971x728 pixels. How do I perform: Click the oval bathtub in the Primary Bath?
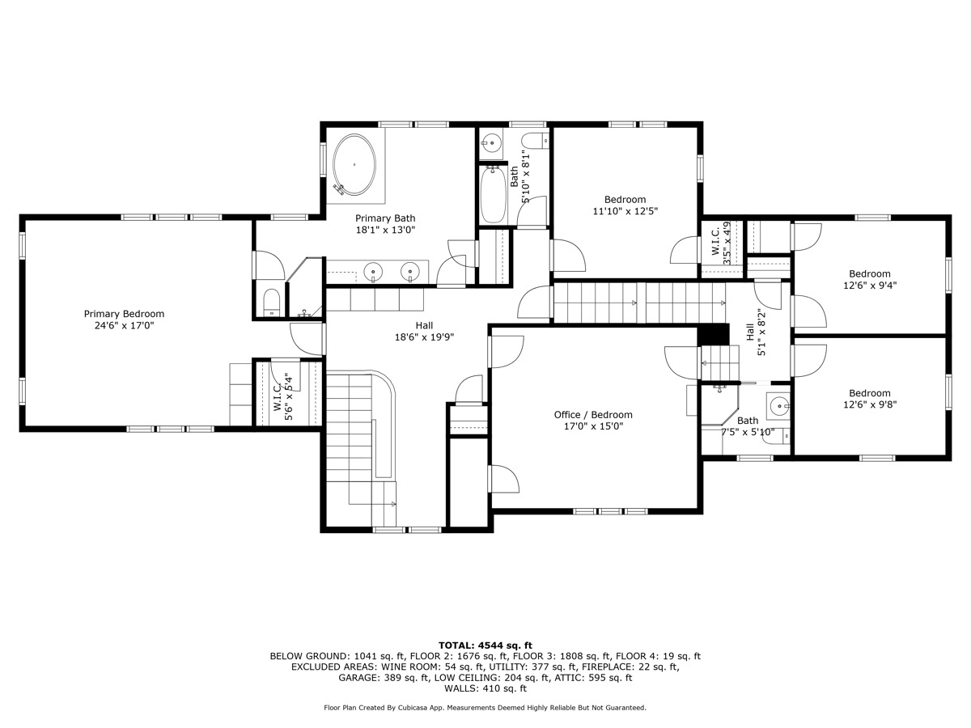click(354, 164)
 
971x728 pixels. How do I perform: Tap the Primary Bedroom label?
click(124, 314)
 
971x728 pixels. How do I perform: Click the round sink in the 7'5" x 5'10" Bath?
click(778, 405)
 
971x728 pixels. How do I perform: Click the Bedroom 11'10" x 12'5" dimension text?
click(625, 212)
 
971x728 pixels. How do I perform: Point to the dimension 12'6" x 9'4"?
click(869, 286)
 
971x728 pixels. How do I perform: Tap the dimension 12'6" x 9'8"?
click(869, 405)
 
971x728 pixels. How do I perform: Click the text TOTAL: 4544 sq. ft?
click(485, 645)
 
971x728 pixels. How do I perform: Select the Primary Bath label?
click(385, 218)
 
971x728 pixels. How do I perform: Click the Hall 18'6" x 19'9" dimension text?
click(423, 337)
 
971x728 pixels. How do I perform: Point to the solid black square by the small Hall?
click(713, 334)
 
